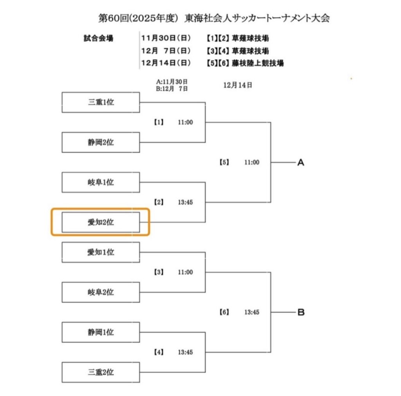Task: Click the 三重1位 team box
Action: tap(101, 102)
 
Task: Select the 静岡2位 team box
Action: tap(101, 142)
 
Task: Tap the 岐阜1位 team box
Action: tap(101, 182)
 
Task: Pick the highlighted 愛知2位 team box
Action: tap(101, 222)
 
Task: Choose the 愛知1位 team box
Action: tap(101, 252)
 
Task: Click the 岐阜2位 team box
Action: tap(101, 292)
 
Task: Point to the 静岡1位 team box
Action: tap(101, 332)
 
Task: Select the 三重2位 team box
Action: tap(101, 372)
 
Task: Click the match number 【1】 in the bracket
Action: tap(158, 122)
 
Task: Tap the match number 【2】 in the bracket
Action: tap(158, 202)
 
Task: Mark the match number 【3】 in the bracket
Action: tap(158, 272)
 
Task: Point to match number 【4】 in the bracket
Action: tap(158, 352)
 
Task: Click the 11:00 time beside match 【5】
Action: tap(251, 162)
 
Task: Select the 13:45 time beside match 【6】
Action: tap(251, 312)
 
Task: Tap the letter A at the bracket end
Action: tap(300, 163)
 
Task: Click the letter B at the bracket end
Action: tap(300, 312)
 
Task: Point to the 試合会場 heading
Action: tap(98, 38)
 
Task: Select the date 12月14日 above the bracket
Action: tap(238, 85)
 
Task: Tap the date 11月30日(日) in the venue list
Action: tap(166, 38)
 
